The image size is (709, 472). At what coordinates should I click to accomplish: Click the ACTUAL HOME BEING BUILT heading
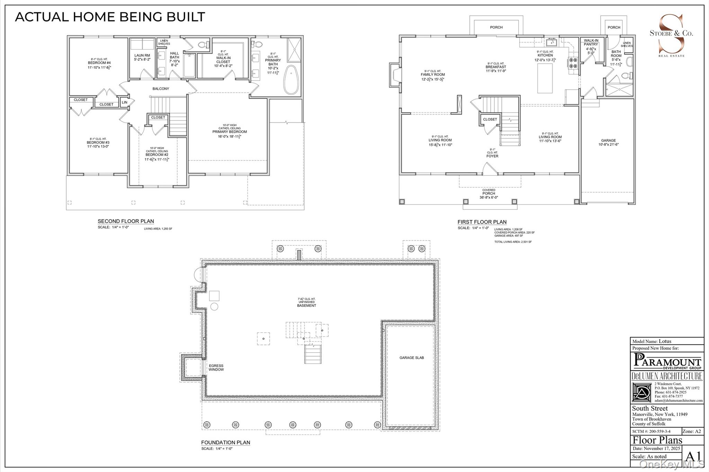[110, 17]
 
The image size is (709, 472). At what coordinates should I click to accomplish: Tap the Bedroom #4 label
[99, 63]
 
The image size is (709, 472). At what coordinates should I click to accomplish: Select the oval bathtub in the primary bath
[291, 80]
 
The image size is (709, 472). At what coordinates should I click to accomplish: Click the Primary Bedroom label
[230, 132]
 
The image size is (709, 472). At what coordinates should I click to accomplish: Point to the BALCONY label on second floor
[161, 89]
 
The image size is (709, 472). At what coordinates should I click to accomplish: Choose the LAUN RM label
[142, 55]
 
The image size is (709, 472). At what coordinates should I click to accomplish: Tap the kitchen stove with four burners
[573, 63]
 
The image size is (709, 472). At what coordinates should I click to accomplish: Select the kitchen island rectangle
[545, 78]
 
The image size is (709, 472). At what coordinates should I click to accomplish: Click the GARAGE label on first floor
[608, 140]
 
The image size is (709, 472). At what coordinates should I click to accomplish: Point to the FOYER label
[492, 156]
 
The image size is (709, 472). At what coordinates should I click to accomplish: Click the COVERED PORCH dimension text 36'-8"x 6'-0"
[488, 197]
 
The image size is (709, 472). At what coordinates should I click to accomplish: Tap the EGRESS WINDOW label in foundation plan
[216, 368]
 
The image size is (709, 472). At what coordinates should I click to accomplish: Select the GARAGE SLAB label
[411, 358]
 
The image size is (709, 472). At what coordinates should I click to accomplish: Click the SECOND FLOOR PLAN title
[126, 221]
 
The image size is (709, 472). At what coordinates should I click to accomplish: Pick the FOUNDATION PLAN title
[225, 443]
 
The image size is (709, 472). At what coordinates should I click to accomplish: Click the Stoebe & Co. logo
[671, 35]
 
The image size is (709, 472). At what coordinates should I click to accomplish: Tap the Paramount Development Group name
[667, 362]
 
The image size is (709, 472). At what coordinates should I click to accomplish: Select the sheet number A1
[693, 456]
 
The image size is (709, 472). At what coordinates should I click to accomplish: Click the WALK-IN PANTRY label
[591, 42]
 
